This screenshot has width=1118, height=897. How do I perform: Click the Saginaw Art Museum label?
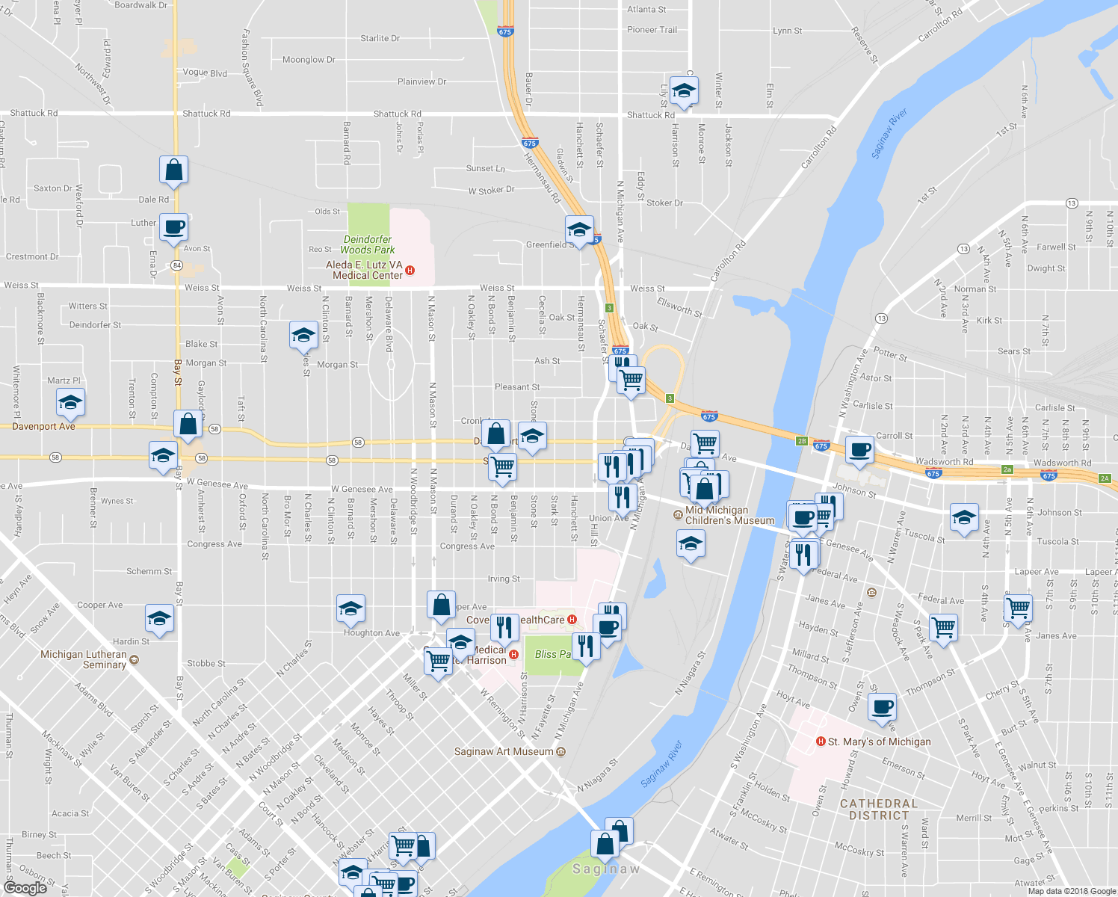click(x=504, y=751)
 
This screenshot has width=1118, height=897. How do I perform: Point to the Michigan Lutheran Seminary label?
click(x=84, y=659)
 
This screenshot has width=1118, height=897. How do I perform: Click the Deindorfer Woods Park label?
click(x=367, y=244)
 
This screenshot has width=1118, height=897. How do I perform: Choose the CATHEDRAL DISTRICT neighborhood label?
click(x=878, y=810)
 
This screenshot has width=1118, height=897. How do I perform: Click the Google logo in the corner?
click(x=25, y=887)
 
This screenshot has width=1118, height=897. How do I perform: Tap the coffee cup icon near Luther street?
click(x=173, y=227)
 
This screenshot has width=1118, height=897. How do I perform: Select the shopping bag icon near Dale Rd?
click(x=173, y=170)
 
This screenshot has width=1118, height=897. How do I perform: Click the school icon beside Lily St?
click(x=683, y=90)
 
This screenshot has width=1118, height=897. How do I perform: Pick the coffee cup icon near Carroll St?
click(x=860, y=450)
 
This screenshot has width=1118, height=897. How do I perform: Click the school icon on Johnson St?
click(x=964, y=517)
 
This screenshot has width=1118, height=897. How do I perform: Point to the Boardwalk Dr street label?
click(x=141, y=5)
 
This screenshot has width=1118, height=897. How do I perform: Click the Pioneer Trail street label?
click(x=652, y=30)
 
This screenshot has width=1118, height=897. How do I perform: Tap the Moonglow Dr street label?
click(x=309, y=60)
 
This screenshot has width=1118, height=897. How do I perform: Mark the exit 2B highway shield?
click(x=802, y=441)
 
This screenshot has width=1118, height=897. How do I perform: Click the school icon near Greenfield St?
click(x=579, y=229)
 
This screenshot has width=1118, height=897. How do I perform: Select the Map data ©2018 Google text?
click(x=1071, y=891)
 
